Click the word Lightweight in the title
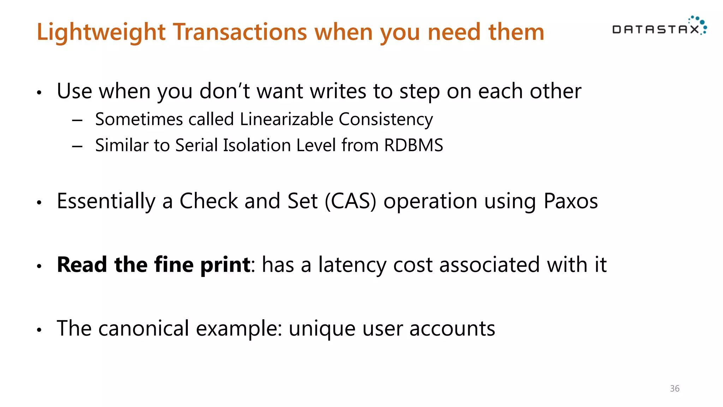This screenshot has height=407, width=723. coord(101,32)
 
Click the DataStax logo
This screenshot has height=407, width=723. coord(659,27)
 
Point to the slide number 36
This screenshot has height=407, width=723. coord(675,389)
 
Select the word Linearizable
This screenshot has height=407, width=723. coord(286,119)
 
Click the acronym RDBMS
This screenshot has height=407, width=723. coord(413,145)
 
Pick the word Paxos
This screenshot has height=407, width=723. coord(570,201)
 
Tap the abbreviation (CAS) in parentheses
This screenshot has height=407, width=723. coord(350,201)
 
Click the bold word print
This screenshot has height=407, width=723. coord(225,265)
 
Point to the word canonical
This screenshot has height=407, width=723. coord(143,328)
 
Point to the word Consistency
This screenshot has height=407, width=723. coord(386,119)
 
